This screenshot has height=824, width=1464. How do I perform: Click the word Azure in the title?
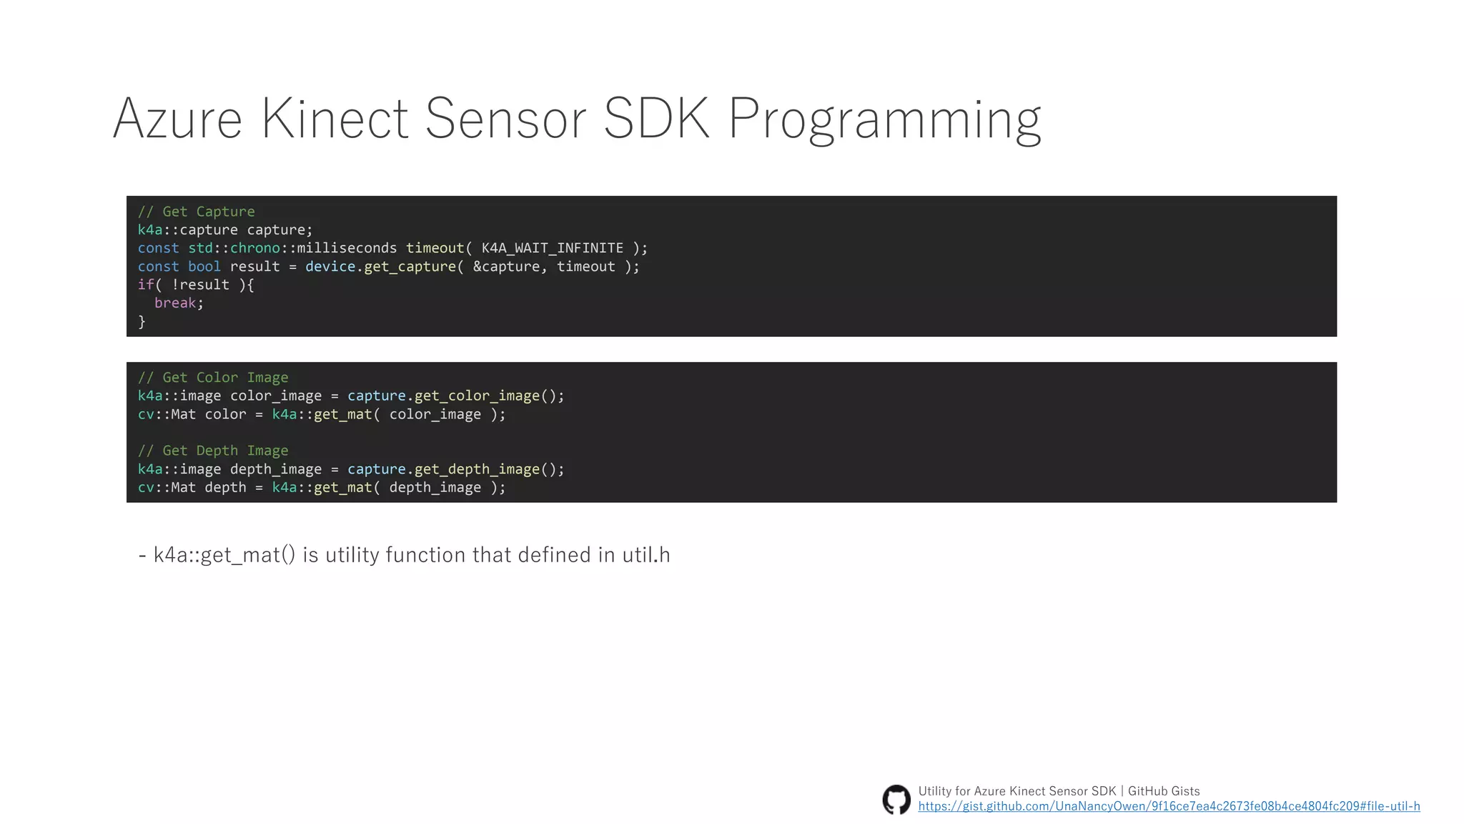[177, 119]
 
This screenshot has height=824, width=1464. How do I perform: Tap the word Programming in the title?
[884, 119]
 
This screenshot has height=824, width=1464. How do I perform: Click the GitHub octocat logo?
[896, 799]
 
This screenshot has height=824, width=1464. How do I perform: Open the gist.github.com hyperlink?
[1169, 807]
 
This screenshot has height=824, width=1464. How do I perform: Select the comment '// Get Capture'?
[196, 212]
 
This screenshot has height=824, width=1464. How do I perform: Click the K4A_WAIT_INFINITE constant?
[552, 248]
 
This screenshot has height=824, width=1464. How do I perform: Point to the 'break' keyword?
[175, 303]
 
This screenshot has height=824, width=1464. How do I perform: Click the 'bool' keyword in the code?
[204, 267]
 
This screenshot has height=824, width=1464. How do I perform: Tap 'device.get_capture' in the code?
[380, 267]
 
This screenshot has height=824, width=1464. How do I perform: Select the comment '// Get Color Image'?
[213, 378]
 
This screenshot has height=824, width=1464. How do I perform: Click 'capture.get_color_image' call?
[443, 396]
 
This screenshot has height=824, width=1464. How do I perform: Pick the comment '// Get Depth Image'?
[213, 451]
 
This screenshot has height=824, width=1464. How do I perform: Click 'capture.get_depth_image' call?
[443, 469]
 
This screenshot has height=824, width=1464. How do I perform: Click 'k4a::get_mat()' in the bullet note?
[224, 555]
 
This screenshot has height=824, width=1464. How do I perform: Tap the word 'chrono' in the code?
[254, 248]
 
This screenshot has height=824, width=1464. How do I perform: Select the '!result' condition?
[200, 285]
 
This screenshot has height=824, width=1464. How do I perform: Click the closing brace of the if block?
[142, 322]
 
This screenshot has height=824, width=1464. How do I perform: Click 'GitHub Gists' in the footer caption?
[1164, 791]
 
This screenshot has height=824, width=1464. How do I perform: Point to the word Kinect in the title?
[334, 119]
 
